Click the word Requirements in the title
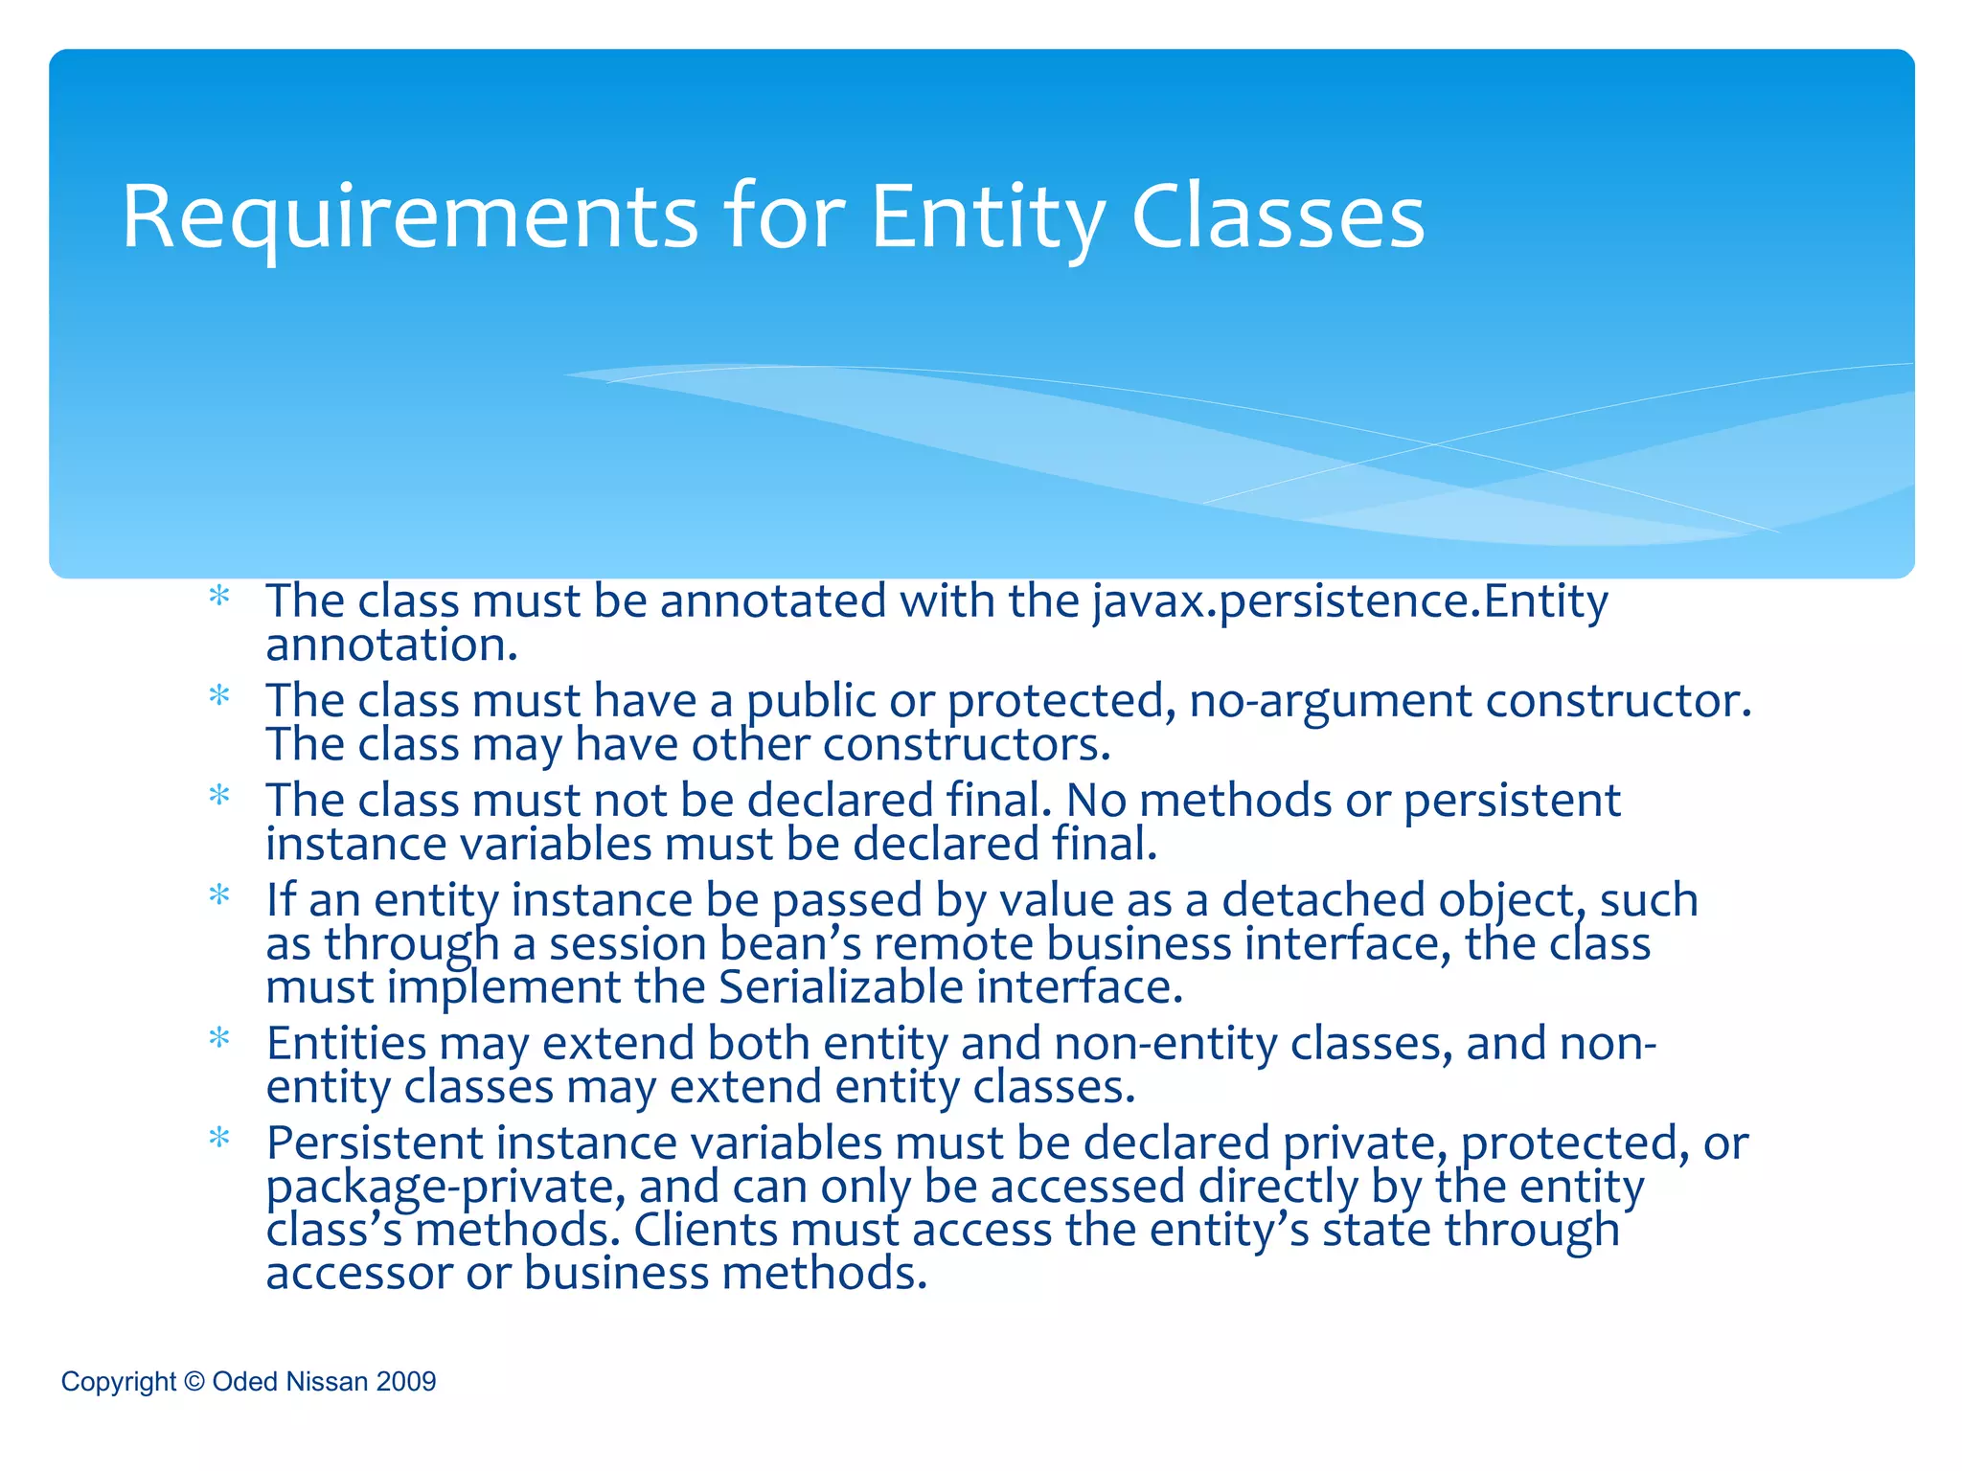click(x=410, y=218)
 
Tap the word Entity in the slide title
click(x=988, y=218)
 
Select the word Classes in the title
click(x=1278, y=218)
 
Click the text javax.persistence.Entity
click(x=1350, y=602)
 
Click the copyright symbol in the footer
click(x=194, y=1381)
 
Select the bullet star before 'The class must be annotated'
click(x=220, y=597)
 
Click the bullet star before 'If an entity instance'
click(x=220, y=895)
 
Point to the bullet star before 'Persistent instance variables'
click(x=220, y=1139)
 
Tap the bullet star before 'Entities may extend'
click(x=220, y=1039)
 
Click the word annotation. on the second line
click(x=392, y=645)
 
